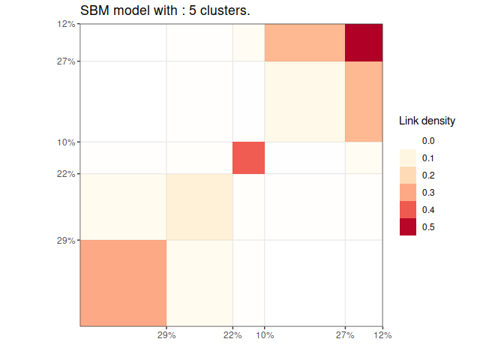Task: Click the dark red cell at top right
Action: point(364,42)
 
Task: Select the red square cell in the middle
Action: point(248,157)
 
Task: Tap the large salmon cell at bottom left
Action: point(123,283)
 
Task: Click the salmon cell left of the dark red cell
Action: point(304,42)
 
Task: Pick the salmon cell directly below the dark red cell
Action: point(364,101)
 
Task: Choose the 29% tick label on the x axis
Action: point(166,334)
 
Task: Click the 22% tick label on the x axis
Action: point(232,334)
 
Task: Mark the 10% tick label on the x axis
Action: point(264,334)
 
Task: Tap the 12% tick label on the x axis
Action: point(383,334)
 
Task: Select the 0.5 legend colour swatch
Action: point(408,226)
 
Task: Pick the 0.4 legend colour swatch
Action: point(408,209)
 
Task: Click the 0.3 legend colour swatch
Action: point(408,192)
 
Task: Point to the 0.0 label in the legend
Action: point(428,140)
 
